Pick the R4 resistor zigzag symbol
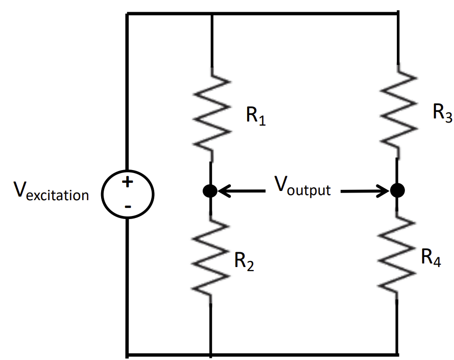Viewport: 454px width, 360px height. [397, 258]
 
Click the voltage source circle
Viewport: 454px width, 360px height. [128, 193]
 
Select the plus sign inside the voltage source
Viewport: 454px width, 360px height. [128, 182]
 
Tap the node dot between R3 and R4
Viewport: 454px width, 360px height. [397, 190]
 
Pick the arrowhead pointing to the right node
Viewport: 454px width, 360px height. [384, 191]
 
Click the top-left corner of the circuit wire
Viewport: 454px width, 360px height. [127, 14]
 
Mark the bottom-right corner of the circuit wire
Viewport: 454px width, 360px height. [397, 353]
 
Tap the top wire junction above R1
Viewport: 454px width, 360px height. [211, 14]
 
